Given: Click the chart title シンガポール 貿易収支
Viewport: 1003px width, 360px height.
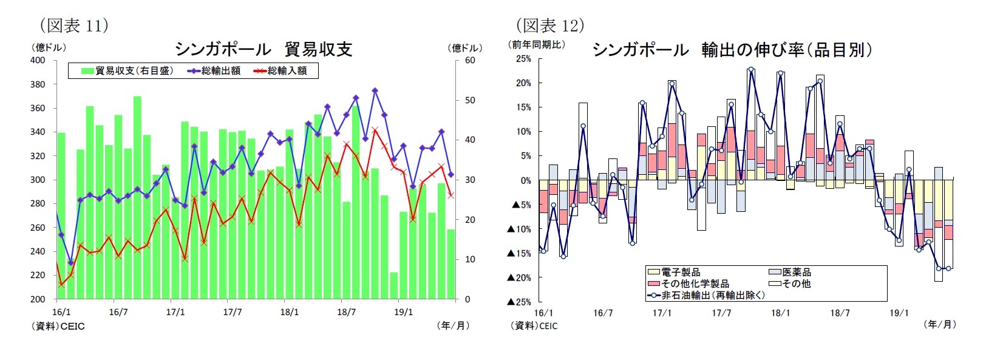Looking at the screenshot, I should click(263, 49).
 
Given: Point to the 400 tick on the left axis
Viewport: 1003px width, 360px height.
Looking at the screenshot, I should click(37, 60).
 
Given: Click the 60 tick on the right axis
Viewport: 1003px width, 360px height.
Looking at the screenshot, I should click(470, 60).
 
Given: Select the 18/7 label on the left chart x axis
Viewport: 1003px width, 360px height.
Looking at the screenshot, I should click(346, 313).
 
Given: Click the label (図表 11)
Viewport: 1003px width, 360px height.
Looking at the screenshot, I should click(74, 25).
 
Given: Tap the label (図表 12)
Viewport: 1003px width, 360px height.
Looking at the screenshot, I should click(550, 25).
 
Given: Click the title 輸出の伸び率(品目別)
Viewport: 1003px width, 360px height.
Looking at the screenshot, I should click(787, 50).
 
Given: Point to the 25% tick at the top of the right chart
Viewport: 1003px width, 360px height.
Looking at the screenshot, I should click(523, 59).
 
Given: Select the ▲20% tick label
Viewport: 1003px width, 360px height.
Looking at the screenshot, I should click(519, 277).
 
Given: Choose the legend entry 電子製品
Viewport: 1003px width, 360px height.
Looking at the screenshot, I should click(680, 272).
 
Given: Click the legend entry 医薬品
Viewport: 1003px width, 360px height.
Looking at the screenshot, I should click(796, 272).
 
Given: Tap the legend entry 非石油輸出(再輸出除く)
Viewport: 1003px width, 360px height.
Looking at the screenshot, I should click(713, 295).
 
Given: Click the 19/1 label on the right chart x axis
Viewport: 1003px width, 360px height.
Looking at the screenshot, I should click(899, 313).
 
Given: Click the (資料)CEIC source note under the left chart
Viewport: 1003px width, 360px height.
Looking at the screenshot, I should click(58, 327).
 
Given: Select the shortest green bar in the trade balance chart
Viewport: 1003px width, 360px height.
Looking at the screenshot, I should click(393, 285).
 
